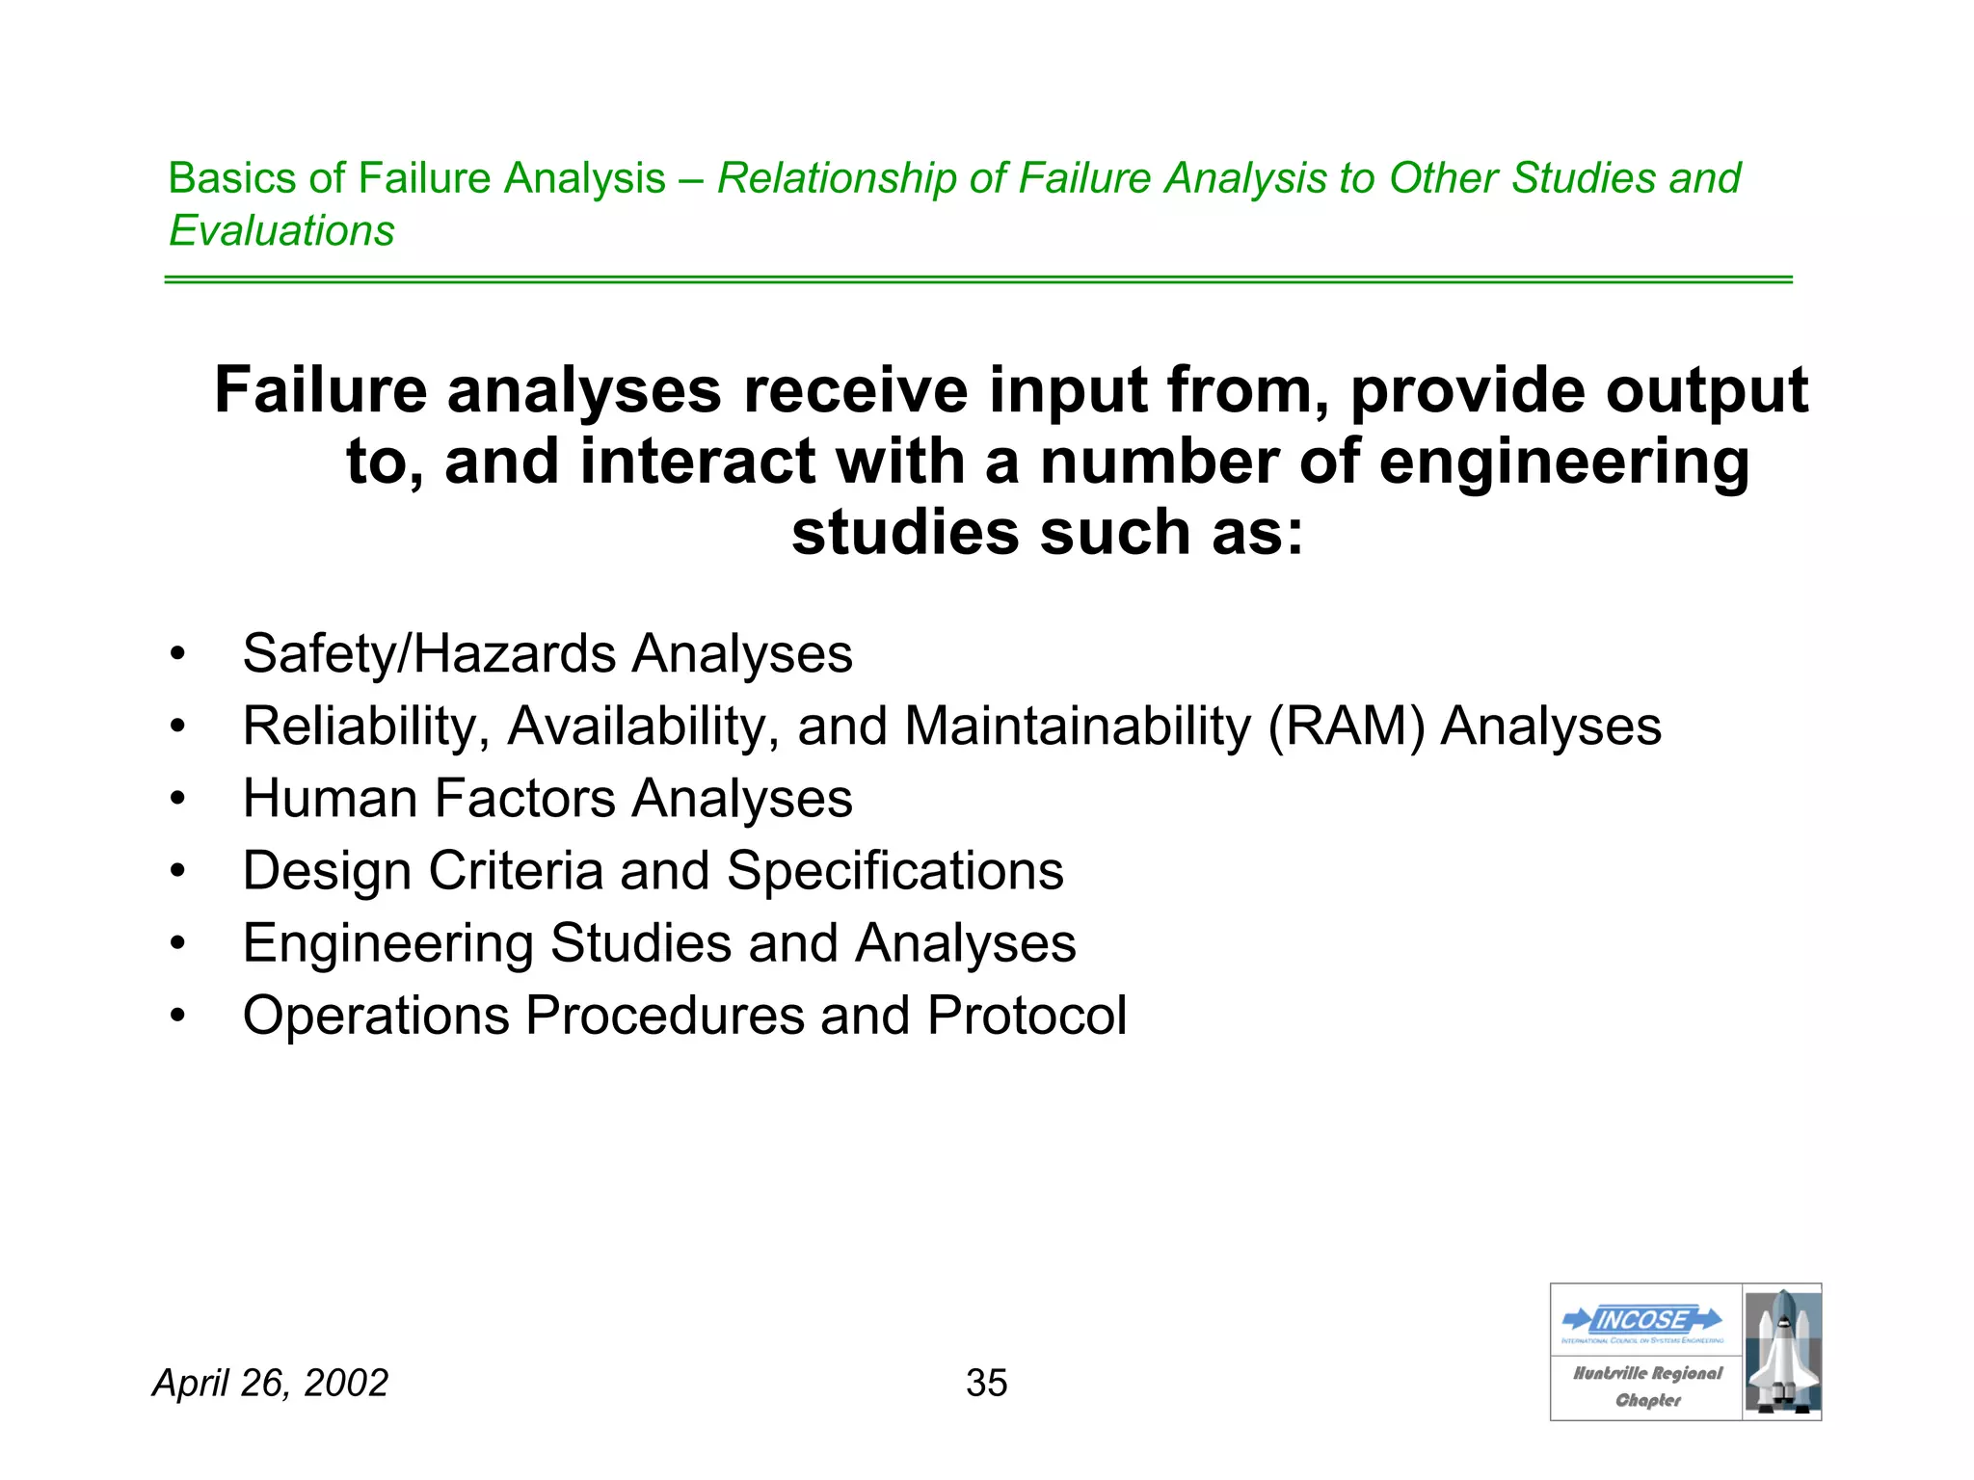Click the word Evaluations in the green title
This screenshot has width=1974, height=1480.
coord(281,231)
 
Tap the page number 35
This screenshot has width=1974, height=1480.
coord(986,1383)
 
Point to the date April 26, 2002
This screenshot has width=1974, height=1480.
coord(270,1383)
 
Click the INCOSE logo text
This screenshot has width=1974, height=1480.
coord(1642,1319)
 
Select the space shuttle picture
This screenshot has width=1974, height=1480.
coord(1782,1351)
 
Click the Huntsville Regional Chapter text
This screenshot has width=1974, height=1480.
coord(1646,1387)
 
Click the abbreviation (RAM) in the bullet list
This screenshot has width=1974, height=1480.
coord(1346,727)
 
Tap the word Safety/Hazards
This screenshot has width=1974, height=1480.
coord(429,654)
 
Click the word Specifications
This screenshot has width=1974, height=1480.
coord(894,871)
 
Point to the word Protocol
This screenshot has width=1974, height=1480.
coord(1027,1016)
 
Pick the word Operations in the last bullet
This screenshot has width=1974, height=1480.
coord(375,1016)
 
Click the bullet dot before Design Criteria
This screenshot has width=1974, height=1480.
coord(176,872)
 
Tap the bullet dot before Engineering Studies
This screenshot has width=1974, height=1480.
coord(176,944)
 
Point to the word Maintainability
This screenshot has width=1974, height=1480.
coord(1078,727)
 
